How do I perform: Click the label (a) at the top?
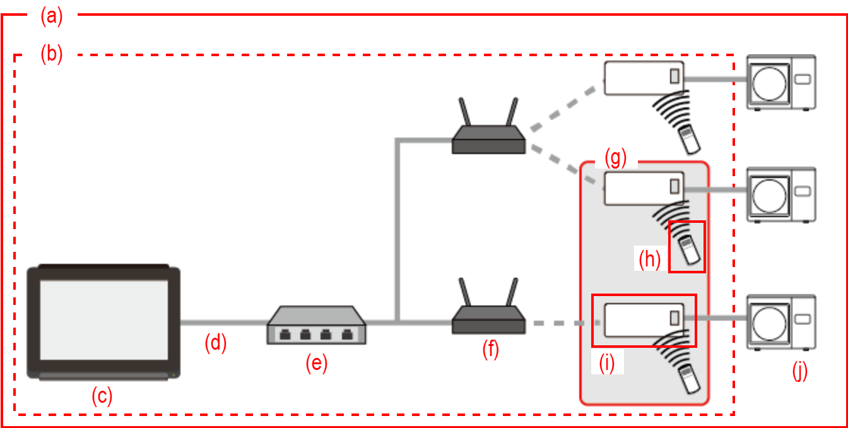52,16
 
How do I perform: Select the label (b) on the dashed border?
52,54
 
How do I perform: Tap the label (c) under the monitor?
102,396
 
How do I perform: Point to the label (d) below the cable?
215,343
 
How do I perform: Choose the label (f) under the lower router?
490,349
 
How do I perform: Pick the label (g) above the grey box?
615,158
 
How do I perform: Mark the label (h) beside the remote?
649,259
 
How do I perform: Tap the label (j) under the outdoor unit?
799,372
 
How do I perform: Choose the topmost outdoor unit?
781,81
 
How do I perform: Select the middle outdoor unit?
781,193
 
